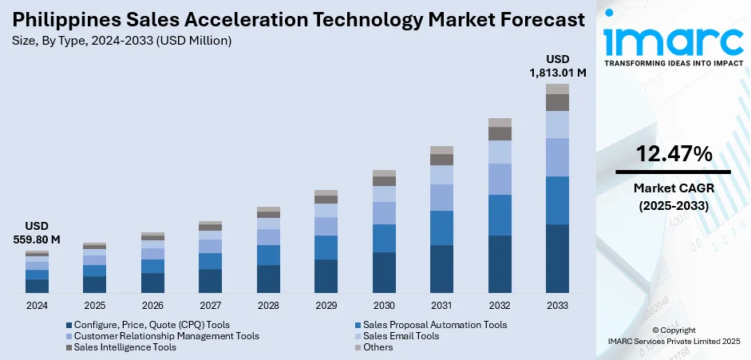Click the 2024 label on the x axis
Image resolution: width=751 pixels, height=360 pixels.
pos(37,306)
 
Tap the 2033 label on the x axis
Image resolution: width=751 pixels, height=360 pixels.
pos(557,306)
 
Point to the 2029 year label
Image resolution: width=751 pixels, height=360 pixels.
pos(326,306)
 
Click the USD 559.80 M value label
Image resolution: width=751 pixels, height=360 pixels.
pos(37,232)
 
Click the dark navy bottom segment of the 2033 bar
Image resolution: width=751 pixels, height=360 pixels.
pos(557,259)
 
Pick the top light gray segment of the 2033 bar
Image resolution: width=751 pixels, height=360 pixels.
pos(557,89)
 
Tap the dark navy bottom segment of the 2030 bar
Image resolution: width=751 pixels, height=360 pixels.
pos(384,272)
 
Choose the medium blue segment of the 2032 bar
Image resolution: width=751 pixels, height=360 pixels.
pos(500,215)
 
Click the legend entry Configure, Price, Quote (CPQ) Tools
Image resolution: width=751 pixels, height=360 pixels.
pos(152,325)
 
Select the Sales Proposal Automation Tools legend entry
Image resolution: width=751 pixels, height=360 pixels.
pos(435,325)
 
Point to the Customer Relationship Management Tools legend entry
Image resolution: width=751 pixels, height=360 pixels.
pos(166,336)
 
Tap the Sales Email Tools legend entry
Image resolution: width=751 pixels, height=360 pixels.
pos(401,336)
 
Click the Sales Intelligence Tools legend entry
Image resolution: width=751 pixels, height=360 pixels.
pos(125,347)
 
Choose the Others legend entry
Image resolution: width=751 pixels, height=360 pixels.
pos(377,347)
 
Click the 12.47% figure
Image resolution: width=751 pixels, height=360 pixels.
pos(673,155)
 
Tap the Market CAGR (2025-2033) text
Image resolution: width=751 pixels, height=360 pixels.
pos(673,196)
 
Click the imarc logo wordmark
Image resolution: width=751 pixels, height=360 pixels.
pos(673,38)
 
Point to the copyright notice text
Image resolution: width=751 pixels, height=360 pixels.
pos(673,335)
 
